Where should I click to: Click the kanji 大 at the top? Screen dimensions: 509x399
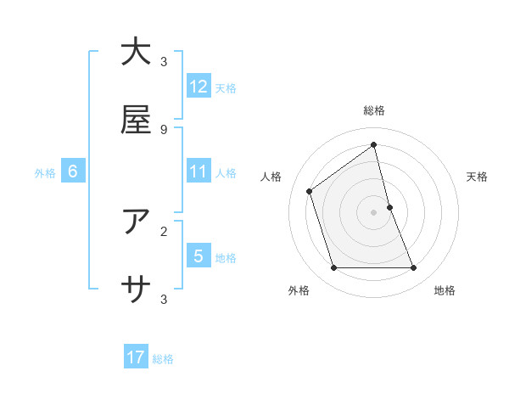tap(136, 53)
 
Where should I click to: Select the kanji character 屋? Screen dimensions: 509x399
tap(136, 120)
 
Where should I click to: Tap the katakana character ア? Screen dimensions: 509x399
tap(136, 222)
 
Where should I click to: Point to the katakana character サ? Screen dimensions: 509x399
tap(136, 290)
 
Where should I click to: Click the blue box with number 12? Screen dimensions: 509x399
tap(199, 87)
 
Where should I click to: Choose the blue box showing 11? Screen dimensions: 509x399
tap(199, 172)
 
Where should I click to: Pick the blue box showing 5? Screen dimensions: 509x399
tap(199, 256)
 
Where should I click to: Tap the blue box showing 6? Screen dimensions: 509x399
tap(73, 172)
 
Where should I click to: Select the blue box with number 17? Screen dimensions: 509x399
tap(136, 357)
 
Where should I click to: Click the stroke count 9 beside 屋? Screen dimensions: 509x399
tap(164, 129)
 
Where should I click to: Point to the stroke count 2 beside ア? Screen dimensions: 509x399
tap(164, 231)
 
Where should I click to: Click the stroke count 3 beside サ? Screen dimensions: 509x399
tap(164, 299)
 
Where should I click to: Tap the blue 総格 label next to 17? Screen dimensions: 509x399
tap(163, 359)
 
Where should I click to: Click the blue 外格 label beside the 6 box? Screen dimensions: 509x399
tap(45, 173)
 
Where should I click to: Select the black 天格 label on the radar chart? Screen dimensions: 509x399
tap(478, 177)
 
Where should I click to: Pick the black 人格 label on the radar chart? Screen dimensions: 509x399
tap(271, 177)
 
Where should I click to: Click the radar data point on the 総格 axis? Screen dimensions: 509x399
tap(374, 145)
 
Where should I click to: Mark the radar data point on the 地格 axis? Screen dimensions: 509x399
tap(414, 268)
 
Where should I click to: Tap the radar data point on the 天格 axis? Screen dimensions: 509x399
tap(389, 207)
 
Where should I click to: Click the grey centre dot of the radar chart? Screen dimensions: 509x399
tap(374, 212)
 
